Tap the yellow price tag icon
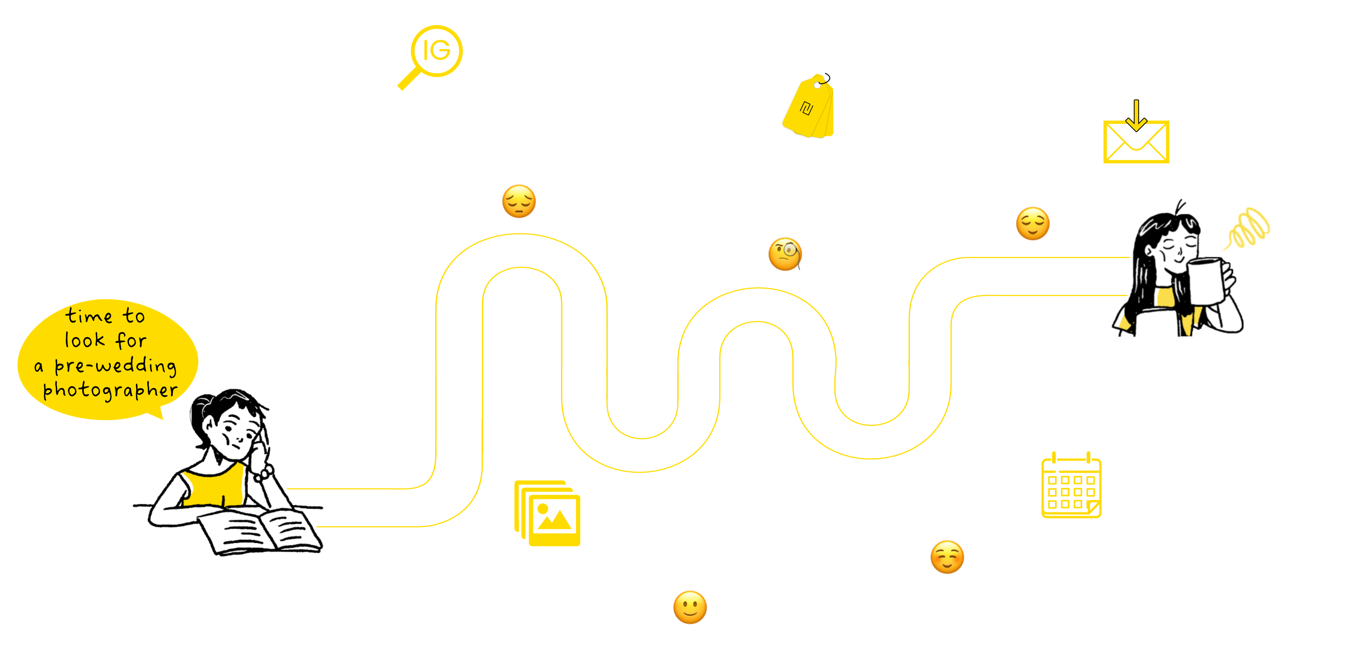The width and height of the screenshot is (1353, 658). tap(809, 107)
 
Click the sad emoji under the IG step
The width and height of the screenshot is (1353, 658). tap(519, 202)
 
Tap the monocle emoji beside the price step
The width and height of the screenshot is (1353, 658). tap(785, 254)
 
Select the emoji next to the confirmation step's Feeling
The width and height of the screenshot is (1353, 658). tap(1032, 224)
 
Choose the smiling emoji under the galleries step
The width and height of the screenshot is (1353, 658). tap(690, 608)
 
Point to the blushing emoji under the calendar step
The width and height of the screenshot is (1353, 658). tap(947, 557)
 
